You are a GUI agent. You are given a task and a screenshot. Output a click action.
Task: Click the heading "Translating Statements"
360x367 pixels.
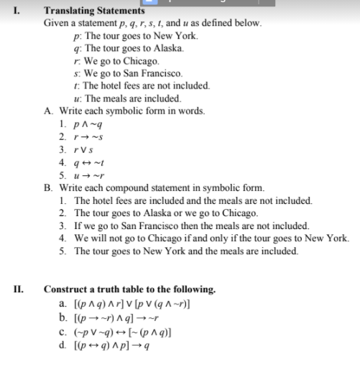(x=93, y=11)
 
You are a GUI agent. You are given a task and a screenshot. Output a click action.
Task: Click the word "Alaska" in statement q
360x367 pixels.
(x=165, y=47)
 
